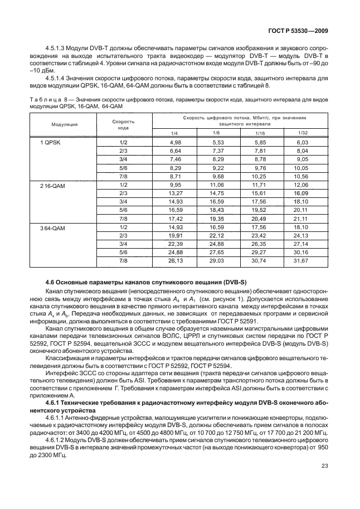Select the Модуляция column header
(x=65, y=124)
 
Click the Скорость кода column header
(x=123, y=124)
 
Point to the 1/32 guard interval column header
(x=303, y=133)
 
